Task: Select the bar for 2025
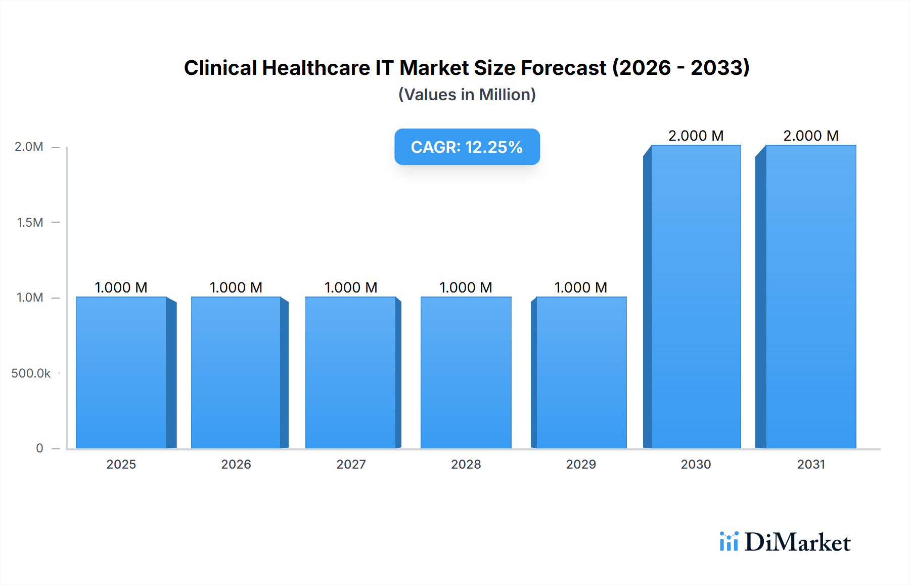pos(121,372)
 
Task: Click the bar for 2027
pos(351,372)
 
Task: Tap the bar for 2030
pos(696,297)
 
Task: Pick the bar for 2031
pos(811,297)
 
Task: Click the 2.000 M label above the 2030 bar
pos(696,136)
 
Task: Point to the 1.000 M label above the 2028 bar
pos(466,287)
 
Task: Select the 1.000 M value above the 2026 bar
pos(236,287)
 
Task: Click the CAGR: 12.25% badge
pos(467,147)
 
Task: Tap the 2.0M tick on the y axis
pos(29,147)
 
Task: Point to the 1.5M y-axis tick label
pos(30,222)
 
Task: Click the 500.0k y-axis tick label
pos(31,373)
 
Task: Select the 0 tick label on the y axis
pos(39,448)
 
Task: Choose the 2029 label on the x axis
pos(581,464)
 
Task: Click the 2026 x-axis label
pos(236,464)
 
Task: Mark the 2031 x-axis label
pos(811,464)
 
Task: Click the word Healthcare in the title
pos(316,68)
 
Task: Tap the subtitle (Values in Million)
pos(467,95)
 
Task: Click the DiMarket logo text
pos(797,542)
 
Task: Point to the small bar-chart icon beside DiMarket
pos(729,541)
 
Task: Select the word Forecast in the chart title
pos(563,68)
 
